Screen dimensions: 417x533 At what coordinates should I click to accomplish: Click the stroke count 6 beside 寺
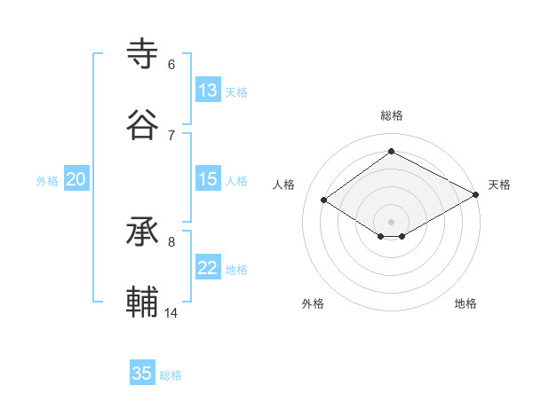pos(171,65)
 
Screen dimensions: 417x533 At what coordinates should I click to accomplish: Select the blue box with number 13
pos(208,90)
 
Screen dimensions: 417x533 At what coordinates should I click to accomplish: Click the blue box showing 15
pos(208,179)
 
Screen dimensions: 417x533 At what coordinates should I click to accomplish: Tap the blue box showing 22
pos(208,269)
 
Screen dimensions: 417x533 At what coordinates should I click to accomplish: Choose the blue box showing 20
pos(76,179)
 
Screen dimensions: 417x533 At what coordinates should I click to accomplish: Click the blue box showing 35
pos(142,374)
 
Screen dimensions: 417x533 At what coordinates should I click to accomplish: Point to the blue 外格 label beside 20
pos(47,181)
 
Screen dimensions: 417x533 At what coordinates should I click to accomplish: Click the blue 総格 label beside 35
pos(171,375)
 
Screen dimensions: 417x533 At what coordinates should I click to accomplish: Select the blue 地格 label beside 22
pos(236,270)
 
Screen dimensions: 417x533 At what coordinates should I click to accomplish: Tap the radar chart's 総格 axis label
pos(392,115)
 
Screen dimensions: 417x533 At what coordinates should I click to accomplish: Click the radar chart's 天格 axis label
pos(499,185)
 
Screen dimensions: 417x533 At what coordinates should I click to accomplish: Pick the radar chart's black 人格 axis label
pos(284,185)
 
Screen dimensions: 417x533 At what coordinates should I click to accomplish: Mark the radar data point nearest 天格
pos(477,195)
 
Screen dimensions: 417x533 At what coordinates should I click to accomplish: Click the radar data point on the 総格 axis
pos(391,152)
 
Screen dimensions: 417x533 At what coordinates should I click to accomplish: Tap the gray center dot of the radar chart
pos(391,221)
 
